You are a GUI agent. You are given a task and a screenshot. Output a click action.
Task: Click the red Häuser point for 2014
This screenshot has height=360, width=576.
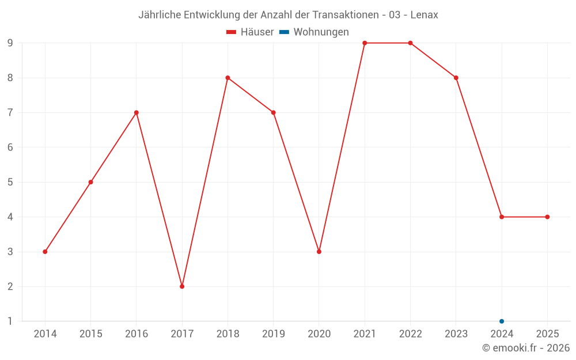(x=45, y=252)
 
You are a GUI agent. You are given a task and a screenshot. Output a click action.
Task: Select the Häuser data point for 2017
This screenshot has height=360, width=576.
(x=182, y=286)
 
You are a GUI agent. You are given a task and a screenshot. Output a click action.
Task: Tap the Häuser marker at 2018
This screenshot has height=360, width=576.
(x=228, y=78)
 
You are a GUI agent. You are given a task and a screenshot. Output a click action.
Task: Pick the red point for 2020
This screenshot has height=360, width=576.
(x=319, y=252)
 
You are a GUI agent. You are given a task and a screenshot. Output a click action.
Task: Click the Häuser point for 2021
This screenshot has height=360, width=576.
(x=365, y=43)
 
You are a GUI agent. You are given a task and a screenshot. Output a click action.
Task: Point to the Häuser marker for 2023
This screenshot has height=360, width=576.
(x=456, y=78)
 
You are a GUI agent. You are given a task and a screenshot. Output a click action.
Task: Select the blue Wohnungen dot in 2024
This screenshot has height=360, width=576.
(x=502, y=321)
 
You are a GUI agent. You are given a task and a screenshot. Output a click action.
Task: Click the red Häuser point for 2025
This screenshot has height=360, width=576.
(x=547, y=217)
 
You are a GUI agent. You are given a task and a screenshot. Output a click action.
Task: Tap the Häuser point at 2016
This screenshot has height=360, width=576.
(x=137, y=113)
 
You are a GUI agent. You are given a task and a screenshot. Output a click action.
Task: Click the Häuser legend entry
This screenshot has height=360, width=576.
(x=251, y=32)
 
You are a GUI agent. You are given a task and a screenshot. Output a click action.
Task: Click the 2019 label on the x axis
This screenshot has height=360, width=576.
(x=273, y=334)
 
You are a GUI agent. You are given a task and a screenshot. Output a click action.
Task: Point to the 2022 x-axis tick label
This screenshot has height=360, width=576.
(x=410, y=334)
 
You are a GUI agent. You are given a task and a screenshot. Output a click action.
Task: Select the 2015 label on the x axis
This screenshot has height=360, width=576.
(x=90, y=334)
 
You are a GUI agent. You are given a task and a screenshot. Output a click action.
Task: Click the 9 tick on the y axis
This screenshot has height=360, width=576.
(x=10, y=43)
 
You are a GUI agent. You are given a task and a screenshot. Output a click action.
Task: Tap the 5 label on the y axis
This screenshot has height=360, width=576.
(x=10, y=182)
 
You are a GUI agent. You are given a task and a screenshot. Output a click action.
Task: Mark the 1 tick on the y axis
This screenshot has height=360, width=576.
(x=10, y=321)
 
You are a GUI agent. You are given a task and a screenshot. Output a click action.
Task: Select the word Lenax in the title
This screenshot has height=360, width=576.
(x=424, y=15)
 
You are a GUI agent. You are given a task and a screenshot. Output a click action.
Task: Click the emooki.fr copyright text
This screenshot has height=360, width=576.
(x=526, y=348)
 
